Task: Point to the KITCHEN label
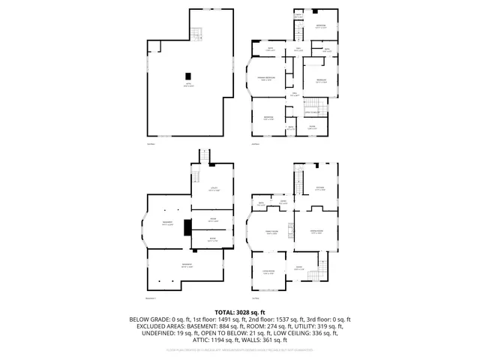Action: (x=319, y=189)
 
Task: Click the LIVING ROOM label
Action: (x=268, y=272)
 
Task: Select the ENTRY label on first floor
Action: (x=298, y=268)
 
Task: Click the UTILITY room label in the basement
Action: (x=214, y=189)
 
